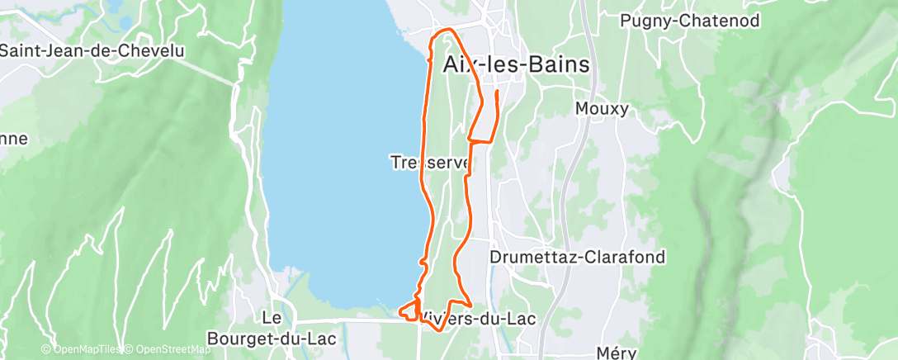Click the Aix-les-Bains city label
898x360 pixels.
coord(517,65)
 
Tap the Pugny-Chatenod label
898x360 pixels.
coord(689,21)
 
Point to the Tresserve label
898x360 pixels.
coord(429,163)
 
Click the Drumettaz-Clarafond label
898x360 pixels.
coord(577,257)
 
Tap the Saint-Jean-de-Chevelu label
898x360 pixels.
coord(92,50)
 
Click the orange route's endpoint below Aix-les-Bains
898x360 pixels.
coord(496,92)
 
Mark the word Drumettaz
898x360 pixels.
coord(529,257)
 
